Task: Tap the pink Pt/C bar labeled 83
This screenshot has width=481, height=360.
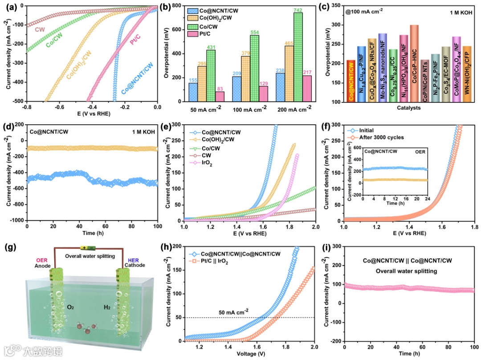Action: [220, 98]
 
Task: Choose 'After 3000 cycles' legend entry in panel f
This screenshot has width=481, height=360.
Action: [374, 137]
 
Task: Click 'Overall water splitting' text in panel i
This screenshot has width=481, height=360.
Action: [407, 270]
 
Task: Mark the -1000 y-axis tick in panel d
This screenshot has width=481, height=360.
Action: [16, 221]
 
